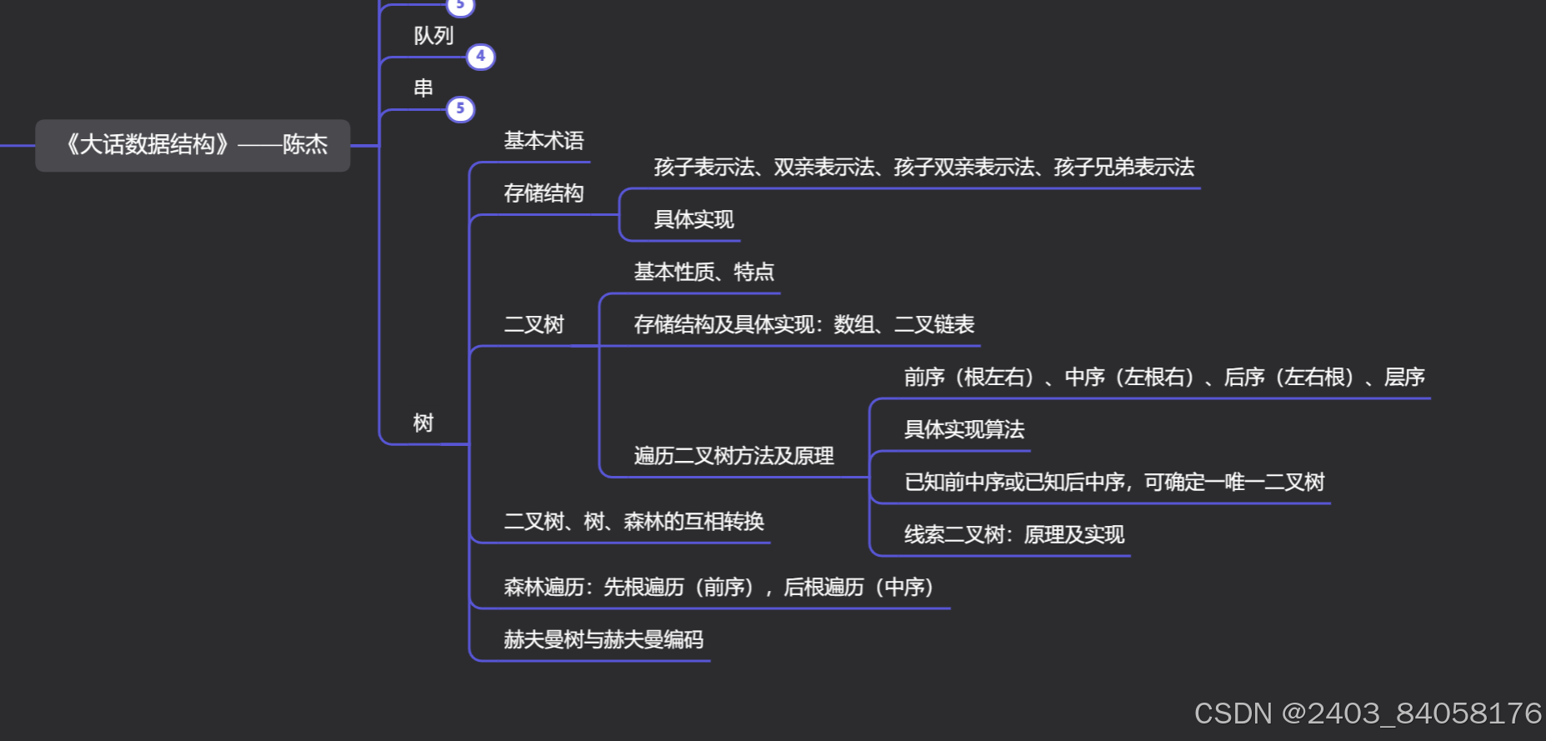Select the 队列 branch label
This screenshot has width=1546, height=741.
pos(433,36)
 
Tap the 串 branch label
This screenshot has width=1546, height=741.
pos(423,88)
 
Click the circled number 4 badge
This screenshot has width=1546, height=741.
pos(481,57)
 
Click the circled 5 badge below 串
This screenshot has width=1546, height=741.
pos(461,109)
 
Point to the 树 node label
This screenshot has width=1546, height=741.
pos(423,423)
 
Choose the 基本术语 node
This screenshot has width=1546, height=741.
pos(543,141)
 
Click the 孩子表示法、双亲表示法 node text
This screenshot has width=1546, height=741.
pos(923,168)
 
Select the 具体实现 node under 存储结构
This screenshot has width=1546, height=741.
pos(693,219)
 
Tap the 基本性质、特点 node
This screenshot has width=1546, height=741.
pos(703,272)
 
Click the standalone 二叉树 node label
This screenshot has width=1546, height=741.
pos(533,324)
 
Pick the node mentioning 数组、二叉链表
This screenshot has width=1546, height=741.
pos(803,324)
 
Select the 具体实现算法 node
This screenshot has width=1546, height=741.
pos(963,429)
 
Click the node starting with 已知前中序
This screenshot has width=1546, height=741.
pos(1113,482)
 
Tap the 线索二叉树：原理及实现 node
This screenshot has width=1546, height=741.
pos(1013,534)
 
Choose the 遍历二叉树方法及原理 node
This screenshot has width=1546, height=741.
pos(733,456)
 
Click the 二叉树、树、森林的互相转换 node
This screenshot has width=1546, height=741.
pos(633,522)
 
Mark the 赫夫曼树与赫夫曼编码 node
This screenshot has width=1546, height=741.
pos(603,639)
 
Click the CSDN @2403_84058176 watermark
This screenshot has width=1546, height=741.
pos(1367,713)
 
